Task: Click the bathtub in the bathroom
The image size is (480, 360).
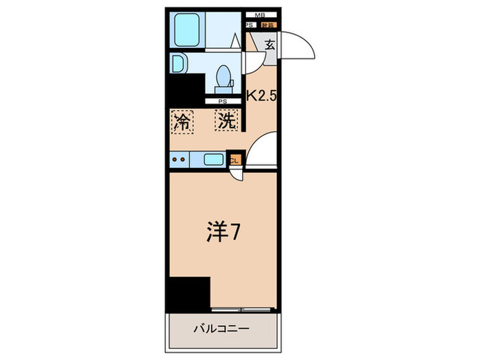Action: [x=186, y=29]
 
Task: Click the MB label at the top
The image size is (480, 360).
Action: [x=260, y=14]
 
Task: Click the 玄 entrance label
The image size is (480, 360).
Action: [x=269, y=47]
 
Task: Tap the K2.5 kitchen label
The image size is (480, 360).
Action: [x=261, y=97]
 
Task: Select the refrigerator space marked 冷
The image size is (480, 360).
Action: [x=182, y=121]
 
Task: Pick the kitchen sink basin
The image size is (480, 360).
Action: [x=213, y=160]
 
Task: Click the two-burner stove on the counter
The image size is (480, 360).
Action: [x=181, y=160]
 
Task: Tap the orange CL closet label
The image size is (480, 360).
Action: [x=235, y=160]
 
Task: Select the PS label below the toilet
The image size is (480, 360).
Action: [x=222, y=101]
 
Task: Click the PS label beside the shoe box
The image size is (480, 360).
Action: [x=249, y=25]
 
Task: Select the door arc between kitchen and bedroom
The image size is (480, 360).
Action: [x=263, y=151]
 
